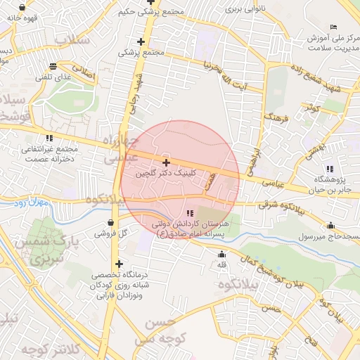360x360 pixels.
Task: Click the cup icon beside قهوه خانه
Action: (23, 8)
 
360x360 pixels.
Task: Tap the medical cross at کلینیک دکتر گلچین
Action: (166, 162)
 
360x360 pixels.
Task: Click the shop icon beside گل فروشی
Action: (100, 231)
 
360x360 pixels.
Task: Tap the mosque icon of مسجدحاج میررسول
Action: (330, 226)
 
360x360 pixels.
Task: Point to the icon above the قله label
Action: (222, 255)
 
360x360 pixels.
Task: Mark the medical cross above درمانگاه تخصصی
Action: (119, 264)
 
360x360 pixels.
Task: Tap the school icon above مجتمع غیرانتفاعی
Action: (49, 138)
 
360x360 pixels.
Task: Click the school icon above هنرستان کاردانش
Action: (190, 212)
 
